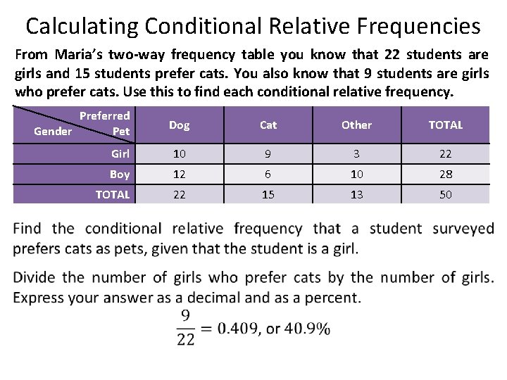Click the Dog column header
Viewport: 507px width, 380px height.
coord(180,125)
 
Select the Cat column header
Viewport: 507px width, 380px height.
coord(268,125)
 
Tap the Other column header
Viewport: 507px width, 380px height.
coord(356,125)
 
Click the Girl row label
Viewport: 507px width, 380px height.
coord(120,153)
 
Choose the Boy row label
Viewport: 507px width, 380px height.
coord(120,174)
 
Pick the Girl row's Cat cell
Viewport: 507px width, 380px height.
coord(268,153)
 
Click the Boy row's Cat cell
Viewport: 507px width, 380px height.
coord(268,174)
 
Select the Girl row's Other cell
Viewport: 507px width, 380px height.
coord(357,153)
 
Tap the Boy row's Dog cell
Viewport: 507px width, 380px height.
coord(180,174)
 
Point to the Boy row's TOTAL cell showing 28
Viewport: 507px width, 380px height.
coord(446,174)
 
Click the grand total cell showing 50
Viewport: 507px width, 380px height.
coord(446,194)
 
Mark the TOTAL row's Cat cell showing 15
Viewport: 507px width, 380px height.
coord(268,194)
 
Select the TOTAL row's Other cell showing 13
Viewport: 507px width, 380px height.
coord(357,194)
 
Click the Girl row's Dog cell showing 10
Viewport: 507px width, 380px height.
coord(180,153)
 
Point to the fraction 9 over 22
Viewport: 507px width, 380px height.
coord(186,327)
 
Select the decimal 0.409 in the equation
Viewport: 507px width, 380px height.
coord(238,328)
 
